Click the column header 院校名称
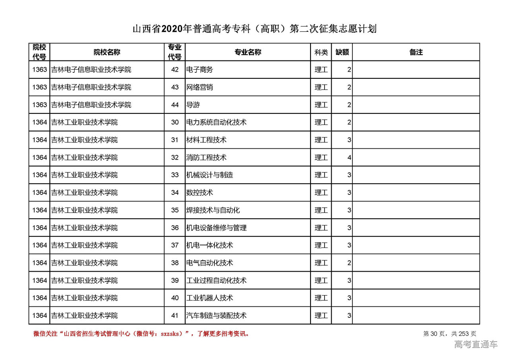[x=107, y=52]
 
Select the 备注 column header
[x=416, y=52]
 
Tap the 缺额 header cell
[x=342, y=52]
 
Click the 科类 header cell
[x=321, y=52]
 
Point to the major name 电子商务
[x=200, y=70]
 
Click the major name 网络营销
[x=200, y=87]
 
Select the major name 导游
[x=193, y=105]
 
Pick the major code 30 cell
[x=175, y=123]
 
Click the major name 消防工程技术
[x=206, y=158]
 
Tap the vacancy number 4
[x=349, y=158]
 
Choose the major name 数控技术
[x=200, y=193]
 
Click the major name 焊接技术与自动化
[x=213, y=210]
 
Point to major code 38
[x=175, y=263]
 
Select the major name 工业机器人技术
[x=210, y=298]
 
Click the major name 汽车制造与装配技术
[x=216, y=315]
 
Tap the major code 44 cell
[x=175, y=105]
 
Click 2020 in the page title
[x=172, y=29]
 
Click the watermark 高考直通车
[x=476, y=344]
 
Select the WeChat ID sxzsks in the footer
[x=171, y=334]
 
